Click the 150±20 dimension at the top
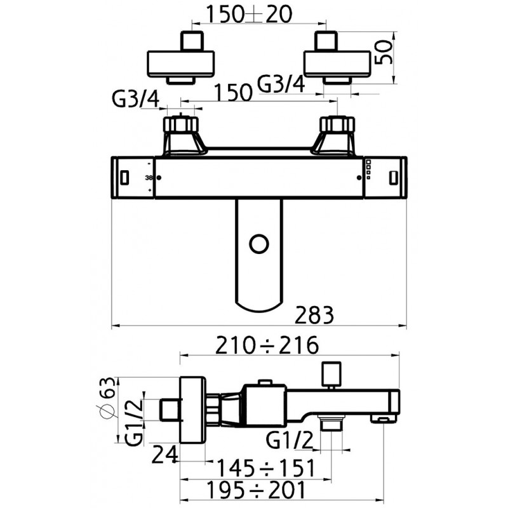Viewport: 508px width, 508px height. click(249, 14)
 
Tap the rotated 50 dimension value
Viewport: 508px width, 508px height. click(384, 53)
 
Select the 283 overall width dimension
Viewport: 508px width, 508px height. click(314, 315)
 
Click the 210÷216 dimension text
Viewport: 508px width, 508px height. click(267, 345)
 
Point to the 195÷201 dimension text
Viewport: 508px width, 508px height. click(257, 490)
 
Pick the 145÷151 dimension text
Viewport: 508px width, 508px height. click(265, 468)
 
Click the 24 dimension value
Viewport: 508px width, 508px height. click(165, 454)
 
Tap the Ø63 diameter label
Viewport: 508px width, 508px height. click(107, 398)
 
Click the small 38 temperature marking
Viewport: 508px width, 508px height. click(149, 178)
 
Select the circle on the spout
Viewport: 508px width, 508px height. click(259, 244)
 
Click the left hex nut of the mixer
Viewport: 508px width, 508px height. click(180, 123)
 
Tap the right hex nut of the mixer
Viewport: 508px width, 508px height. click(337, 123)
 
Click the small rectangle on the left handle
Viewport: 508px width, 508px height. click(124, 178)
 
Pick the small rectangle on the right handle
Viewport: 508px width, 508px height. click(393, 178)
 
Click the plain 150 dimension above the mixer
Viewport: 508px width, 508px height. click(233, 92)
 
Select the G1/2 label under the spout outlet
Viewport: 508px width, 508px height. click(290, 440)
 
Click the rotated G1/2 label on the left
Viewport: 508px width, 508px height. click(133, 423)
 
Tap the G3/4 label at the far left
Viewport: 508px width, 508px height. click(136, 99)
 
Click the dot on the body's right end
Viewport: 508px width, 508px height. click(359, 178)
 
